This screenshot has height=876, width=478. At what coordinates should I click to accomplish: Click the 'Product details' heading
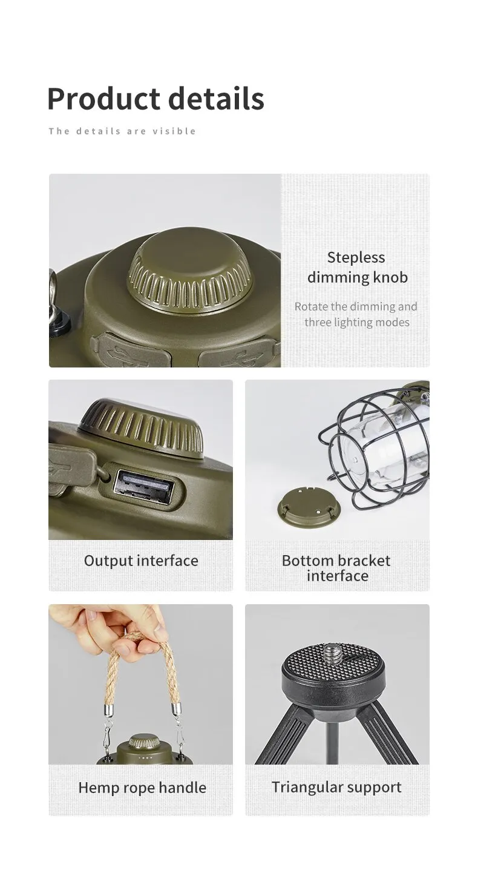[156, 99]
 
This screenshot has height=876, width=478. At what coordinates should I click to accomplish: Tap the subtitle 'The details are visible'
[122, 131]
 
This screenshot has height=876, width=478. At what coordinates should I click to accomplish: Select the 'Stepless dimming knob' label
[357, 268]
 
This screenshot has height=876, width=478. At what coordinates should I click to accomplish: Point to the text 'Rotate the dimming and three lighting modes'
[356, 314]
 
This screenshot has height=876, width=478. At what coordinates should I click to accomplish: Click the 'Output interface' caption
[141, 561]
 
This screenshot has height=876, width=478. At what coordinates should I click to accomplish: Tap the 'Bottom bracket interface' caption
[336, 568]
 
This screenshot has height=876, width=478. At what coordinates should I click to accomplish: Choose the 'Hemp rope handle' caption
[142, 788]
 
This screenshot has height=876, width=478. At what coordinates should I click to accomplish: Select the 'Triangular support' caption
[336, 788]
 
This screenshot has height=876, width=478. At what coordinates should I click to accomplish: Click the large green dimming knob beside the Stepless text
[191, 272]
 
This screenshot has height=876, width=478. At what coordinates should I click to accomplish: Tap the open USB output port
[143, 489]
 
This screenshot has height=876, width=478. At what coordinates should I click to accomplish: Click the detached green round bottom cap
[309, 507]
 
